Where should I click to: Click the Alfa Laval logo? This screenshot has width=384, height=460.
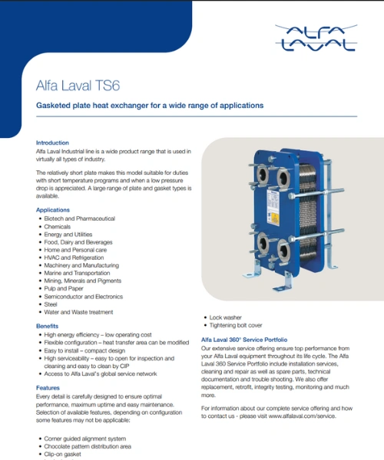tap(316, 38)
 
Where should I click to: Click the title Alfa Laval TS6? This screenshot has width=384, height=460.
tap(78, 86)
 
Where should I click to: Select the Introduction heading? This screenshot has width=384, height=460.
tap(52, 143)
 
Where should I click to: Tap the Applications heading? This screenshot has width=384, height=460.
tap(53, 210)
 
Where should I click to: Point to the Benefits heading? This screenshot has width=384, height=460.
tap(47, 327)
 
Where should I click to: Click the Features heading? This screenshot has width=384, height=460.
tap(48, 388)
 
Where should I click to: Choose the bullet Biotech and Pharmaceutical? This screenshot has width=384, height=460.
tap(79, 219)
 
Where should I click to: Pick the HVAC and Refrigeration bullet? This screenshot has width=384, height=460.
tap(74, 258)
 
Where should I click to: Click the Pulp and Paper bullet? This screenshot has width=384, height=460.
tap(64, 289)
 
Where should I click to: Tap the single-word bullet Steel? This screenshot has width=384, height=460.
tap(51, 304)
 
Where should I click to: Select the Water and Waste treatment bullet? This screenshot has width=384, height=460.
tap(78, 312)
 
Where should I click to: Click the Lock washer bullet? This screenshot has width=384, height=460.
tap(225, 317)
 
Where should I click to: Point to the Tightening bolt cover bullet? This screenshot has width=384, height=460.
tap(236, 325)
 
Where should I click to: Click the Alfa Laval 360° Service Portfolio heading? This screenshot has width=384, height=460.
tap(244, 340)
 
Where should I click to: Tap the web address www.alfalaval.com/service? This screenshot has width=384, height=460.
tap(302, 416)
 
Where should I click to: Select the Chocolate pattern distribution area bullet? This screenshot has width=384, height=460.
tap(88, 447)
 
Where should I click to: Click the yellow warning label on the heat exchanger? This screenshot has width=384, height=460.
tap(275, 219)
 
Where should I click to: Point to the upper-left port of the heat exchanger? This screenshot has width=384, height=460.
tap(263, 175)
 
